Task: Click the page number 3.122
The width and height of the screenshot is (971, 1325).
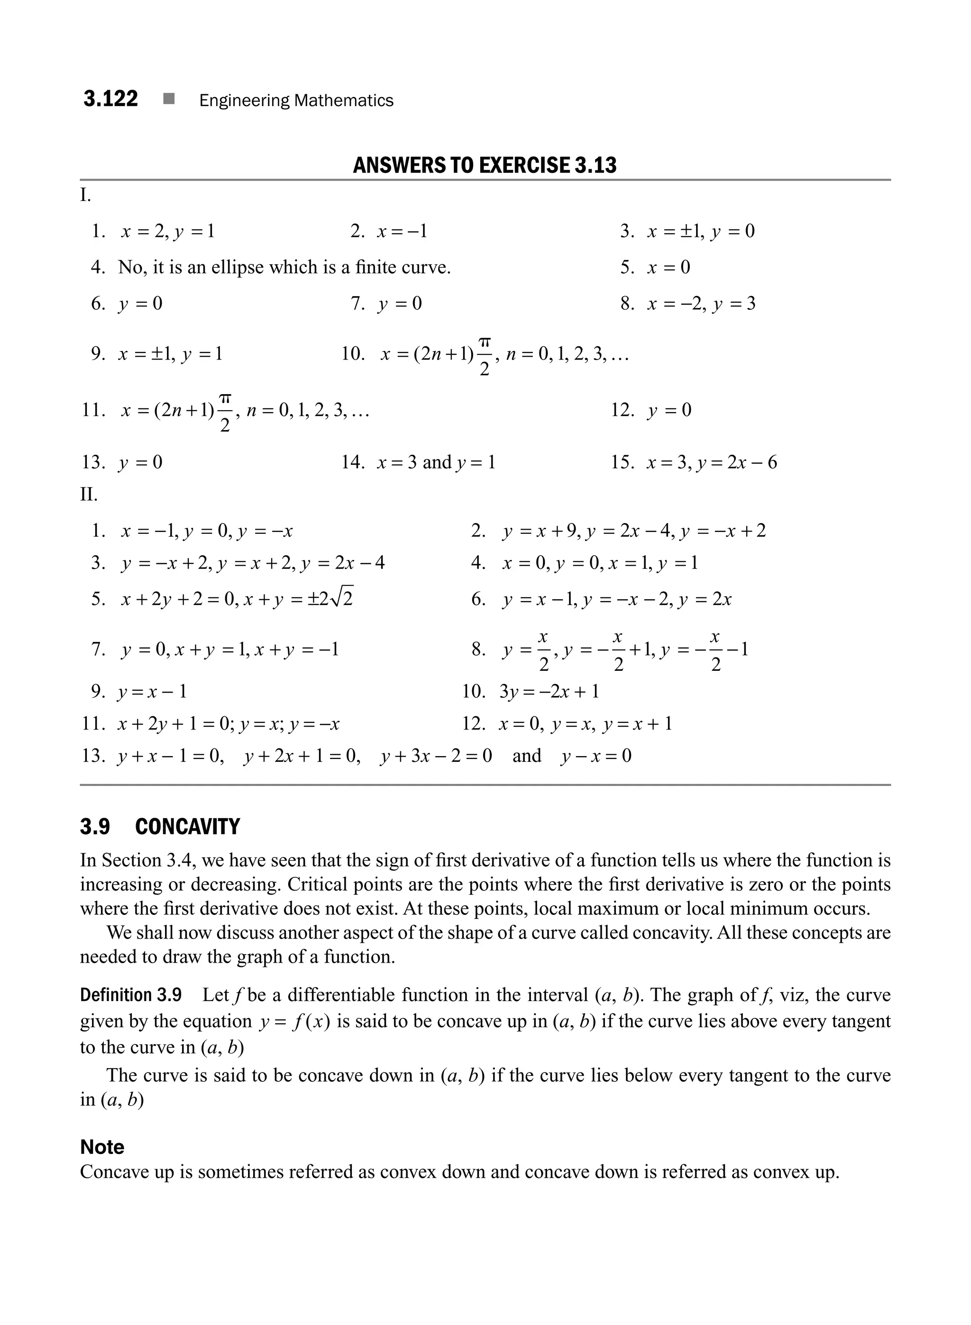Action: [110, 99]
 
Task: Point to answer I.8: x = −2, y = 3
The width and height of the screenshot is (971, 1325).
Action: [701, 304]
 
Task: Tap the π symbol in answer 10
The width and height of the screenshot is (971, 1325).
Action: [485, 342]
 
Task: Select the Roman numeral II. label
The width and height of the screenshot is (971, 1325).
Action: [89, 495]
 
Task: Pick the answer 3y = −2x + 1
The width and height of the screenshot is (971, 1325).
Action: [549, 691]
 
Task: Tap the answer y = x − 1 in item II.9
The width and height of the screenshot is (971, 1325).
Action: [152, 691]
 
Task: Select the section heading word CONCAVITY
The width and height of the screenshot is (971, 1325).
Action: [187, 827]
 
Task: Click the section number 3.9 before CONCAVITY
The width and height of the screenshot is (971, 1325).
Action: [95, 827]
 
